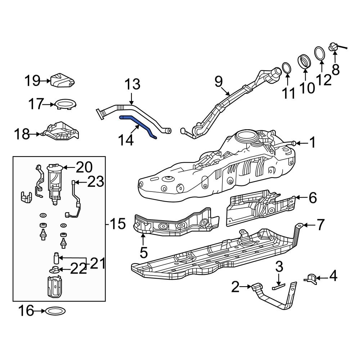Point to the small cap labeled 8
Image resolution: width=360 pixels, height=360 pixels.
click(x=333, y=47)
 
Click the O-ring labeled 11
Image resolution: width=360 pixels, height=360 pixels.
click(x=287, y=67)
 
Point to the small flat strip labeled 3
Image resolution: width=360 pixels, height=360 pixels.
click(x=278, y=287)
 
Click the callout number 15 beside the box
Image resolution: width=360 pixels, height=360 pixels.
click(x=118, y=224)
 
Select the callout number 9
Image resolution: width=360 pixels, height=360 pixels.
click(x=219, y=82)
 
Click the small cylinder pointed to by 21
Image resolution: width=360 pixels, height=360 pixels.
click(x=56, y=258)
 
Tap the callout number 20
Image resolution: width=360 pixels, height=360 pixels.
click(x=84, y=167)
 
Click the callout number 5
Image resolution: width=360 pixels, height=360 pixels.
click(x=143, y=253)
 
